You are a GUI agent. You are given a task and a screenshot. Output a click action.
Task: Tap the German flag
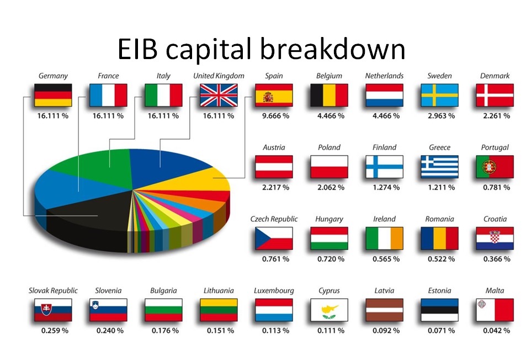(x=53, y=96)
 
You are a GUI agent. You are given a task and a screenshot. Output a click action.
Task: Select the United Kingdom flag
(x=219, y=96)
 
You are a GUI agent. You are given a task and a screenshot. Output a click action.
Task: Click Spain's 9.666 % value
(x=275, y=116)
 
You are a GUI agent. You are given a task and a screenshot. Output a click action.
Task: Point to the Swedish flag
(x=439, y=96)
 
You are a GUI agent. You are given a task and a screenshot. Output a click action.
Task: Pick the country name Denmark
(x=495, y=76)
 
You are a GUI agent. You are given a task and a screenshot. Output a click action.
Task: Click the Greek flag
(x=439, y=167)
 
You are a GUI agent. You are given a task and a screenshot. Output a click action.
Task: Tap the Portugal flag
(x=495, y=167)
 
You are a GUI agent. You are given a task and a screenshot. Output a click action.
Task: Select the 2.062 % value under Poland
(x=331, y=187)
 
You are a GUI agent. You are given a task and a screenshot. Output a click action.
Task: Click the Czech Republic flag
(x=274, y=238)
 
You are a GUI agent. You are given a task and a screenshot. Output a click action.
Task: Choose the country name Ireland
(x=385, y=219)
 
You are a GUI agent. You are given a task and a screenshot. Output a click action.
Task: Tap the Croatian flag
(x=495, y=238)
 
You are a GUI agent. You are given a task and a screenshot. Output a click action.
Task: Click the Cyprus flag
(x=329, y=310)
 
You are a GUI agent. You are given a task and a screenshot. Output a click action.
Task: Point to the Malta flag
(x=495, y=310)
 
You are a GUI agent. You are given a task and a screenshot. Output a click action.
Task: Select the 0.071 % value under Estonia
(x=441, y=331)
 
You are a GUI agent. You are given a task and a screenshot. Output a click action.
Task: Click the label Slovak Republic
(x=53, y=290)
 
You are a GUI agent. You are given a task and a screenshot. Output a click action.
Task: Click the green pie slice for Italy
(x=100, y=168)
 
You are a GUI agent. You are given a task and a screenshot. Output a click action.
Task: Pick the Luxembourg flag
(x=274, y=310)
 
